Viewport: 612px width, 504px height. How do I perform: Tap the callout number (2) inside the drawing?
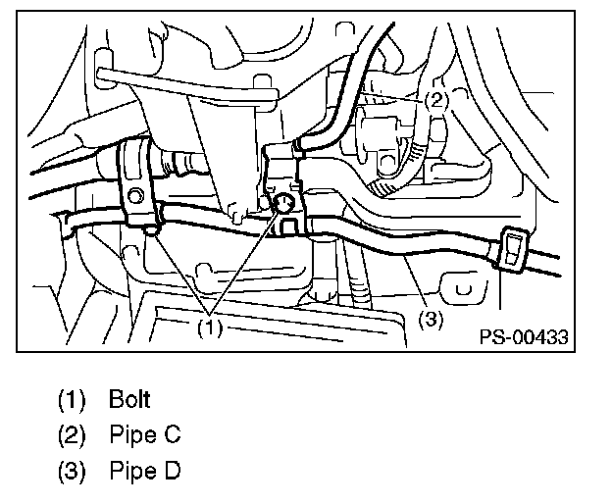click(x=436, y=99)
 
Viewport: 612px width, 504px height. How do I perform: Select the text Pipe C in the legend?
click(x=145, y=433)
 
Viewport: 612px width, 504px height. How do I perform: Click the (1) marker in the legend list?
click(x=72, y=399)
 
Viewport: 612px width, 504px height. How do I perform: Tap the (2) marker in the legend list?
click(x=72, y=433)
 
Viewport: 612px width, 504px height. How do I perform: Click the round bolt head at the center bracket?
click(x=283, y=204)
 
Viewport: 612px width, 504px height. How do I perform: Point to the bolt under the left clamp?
click(x=149, y=231)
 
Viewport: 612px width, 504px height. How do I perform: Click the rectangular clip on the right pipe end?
click(x=513, y=250)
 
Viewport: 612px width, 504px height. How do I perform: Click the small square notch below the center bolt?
click(x=288, y=227)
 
